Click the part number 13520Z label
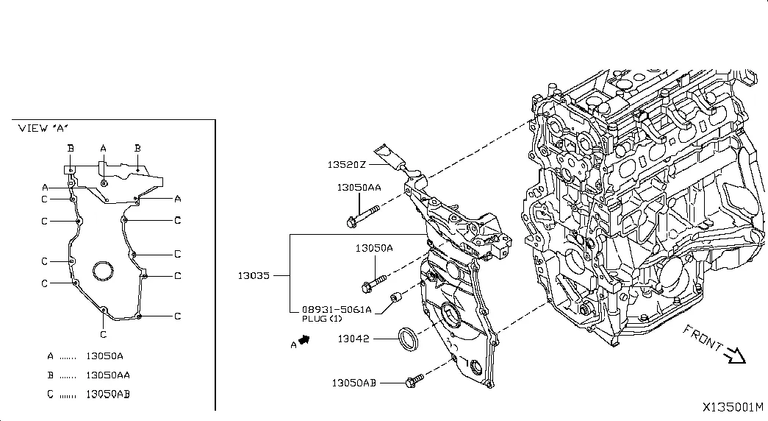coord(346,164)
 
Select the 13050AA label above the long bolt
coord(359,188)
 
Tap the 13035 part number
coord(254,275)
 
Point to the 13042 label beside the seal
coord(354,339)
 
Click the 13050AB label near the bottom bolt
coord(354,383)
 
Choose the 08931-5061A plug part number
coord(337,310)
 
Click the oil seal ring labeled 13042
coord(408,339)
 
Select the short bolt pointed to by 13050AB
coord(414,381)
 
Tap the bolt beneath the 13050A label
coord(374,283)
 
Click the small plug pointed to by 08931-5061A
coord(395,297)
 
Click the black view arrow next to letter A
coord(305,339)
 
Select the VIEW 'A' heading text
coord(43,128)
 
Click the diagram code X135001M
coord(733,407)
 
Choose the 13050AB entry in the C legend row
coord(108,394)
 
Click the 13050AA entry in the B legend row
coord(108,375)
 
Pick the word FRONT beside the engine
coord(703,339)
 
